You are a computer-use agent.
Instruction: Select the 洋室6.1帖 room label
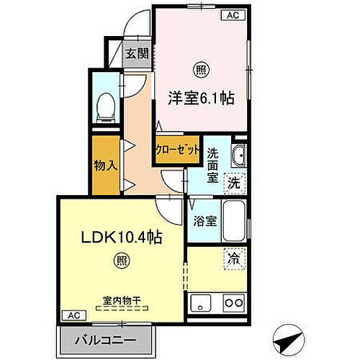pos(202,99)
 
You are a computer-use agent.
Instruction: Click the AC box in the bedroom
pos(233,14)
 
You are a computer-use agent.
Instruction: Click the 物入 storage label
pos(105,166)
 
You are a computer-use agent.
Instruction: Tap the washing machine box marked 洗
pos(234,183)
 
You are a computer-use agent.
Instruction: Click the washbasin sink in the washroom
pos(237,154)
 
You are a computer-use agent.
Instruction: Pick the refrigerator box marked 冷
pos(235,257)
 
